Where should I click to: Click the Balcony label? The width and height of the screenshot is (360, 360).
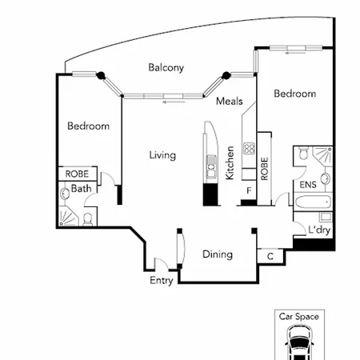point(166,68)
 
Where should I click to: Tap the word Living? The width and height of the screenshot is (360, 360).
point(162,155)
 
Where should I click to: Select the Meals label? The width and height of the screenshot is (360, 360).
point(230,102)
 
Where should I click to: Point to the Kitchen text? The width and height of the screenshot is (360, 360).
point(230,162)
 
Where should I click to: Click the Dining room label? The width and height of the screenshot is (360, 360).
point(218,254)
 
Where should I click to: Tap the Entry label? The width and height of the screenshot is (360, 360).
point(162,281)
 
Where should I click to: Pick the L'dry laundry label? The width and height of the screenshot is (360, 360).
point(319,230)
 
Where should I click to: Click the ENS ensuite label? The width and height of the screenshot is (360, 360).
point(308,185)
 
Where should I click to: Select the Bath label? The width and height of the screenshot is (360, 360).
point(81,189)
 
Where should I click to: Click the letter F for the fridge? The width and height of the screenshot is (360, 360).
point(249,190)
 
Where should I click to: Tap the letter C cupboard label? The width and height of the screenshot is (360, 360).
point(270,257)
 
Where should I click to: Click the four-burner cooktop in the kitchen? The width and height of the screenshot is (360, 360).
point(249,149)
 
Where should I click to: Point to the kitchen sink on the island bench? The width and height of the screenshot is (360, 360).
point(211,166)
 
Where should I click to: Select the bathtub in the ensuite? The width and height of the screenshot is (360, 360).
point(313,202)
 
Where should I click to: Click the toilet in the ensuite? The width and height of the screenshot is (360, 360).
point(303,153)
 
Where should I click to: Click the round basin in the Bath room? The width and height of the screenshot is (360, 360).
point(65,194)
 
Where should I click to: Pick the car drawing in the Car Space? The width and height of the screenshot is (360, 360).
point(299,342)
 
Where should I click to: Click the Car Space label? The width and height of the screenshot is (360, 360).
point(299,317)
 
